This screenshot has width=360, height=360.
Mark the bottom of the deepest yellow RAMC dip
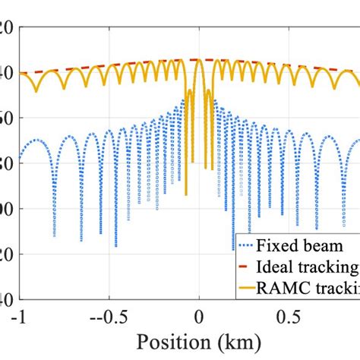coord(186,194)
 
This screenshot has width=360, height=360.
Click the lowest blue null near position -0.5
coord(115,246)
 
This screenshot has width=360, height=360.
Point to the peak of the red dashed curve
coord(199,59)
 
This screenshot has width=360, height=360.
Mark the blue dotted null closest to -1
coord(54,236)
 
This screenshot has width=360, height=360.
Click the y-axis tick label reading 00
coord(6,209)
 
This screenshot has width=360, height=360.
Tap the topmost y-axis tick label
coord(6,27)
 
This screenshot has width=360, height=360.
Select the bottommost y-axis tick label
coord(6,299)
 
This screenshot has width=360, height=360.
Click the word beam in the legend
coord(318,246)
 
